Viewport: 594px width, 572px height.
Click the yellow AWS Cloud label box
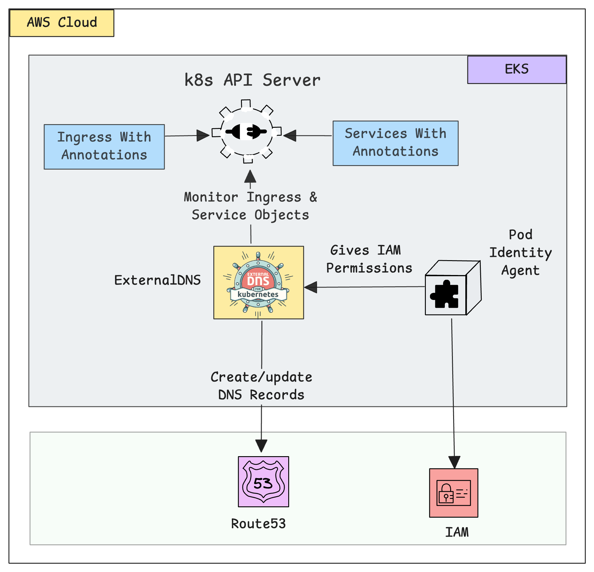62,23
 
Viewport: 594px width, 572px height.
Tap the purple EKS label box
516,69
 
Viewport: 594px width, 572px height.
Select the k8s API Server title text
252,80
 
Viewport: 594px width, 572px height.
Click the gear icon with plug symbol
246,131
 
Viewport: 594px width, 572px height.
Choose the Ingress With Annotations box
104,147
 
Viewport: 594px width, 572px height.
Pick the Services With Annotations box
395,143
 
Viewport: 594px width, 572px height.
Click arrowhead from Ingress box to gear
203,135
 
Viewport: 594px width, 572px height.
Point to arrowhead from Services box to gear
290,135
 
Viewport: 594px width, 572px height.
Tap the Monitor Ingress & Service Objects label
250,206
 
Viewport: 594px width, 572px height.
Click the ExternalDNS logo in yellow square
259,282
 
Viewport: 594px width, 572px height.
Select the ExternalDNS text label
157,280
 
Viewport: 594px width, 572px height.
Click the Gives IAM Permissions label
369,259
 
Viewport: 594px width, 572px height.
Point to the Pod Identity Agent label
520,252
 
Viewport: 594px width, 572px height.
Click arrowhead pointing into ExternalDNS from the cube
311,287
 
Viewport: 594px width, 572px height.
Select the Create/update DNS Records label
261,386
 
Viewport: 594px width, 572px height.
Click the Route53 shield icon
263,481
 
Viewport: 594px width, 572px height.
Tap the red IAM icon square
453,493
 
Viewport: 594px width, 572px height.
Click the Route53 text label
258,524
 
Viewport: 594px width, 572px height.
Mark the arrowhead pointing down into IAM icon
454,462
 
